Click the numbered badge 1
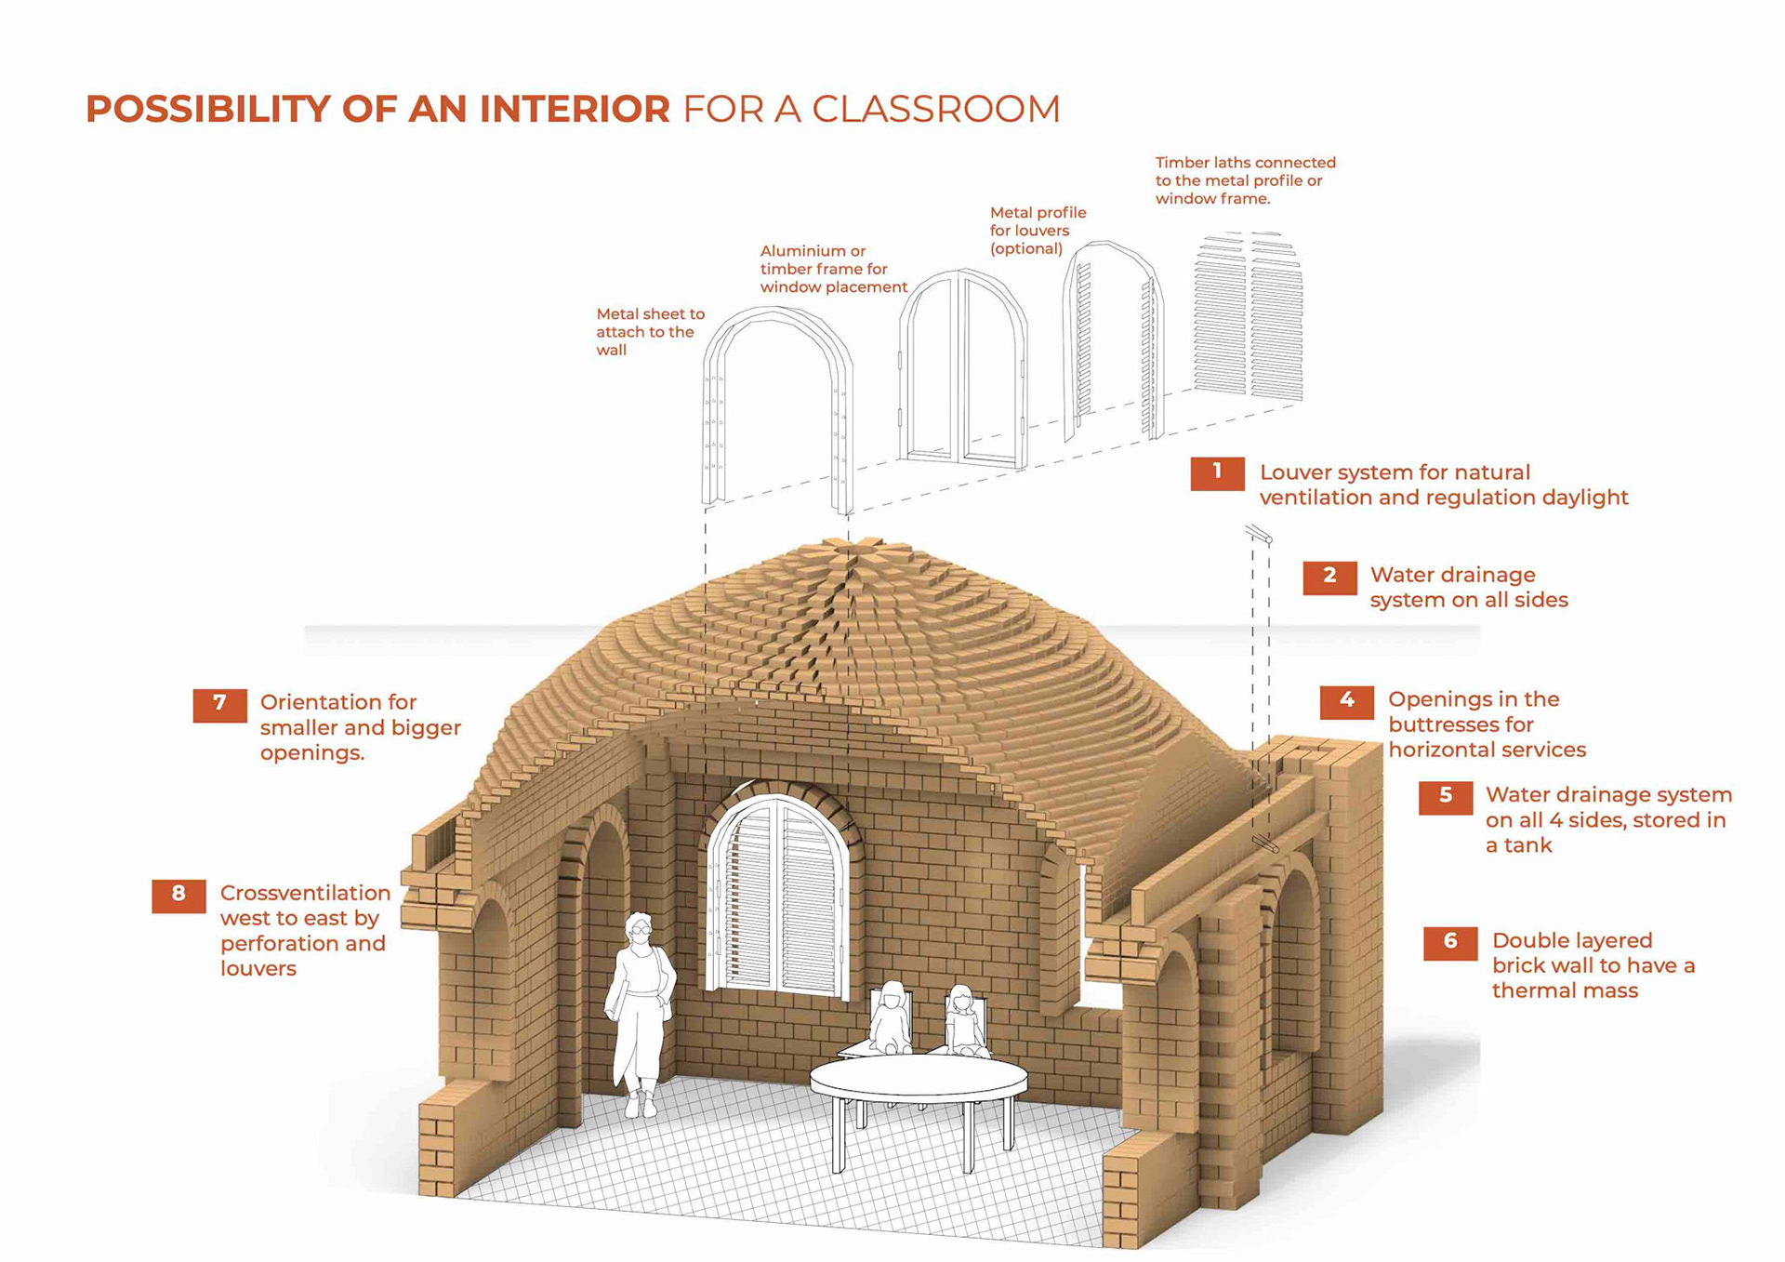coord(1217,473)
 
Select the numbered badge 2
coord(1329,577)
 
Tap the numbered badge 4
coord(1346,701)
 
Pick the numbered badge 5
coord(1445,797)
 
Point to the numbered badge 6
coord(1449,942)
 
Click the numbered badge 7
coord(219,704)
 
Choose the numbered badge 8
coord(178,895)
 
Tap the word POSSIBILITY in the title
coord(206,110)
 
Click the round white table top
coord(919,1079)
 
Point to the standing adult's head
coord(639,928)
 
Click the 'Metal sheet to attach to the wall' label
coord(650,332)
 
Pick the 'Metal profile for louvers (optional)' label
coord(1037,231)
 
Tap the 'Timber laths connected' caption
coord(1245,163)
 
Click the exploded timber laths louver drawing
coord(1248,316)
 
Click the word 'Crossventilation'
coord(305,894)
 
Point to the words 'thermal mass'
coord(1565,991)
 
